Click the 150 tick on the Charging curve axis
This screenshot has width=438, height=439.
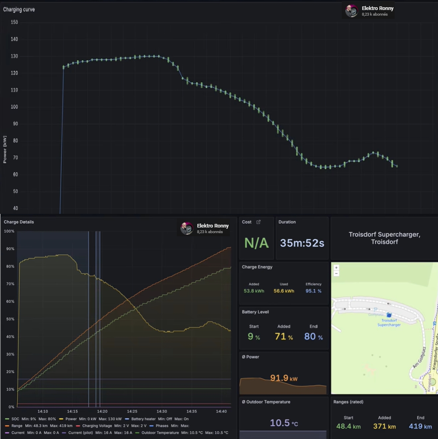[14, 22]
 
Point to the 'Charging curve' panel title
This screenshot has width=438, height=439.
[19, 9]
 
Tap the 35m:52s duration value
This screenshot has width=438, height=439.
[302, 243]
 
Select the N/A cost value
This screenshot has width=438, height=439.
[257, 243]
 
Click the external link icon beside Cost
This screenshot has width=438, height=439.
[258, 222]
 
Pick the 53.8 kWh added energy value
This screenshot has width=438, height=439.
[253, 291]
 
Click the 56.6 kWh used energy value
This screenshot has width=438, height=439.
[284, 291]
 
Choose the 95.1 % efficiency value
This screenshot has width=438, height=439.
[314, 291]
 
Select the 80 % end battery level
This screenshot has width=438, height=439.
[313, 337]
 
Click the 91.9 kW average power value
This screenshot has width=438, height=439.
[284, 378]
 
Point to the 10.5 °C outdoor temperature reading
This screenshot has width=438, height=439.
[284, 423]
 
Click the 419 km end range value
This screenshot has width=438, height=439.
[420, 426]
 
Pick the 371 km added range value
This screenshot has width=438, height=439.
[384, 426]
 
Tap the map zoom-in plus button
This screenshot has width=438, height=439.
[336, 268]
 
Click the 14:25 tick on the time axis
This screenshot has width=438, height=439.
[132, 411]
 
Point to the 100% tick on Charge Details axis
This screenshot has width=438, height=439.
[9, 232]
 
